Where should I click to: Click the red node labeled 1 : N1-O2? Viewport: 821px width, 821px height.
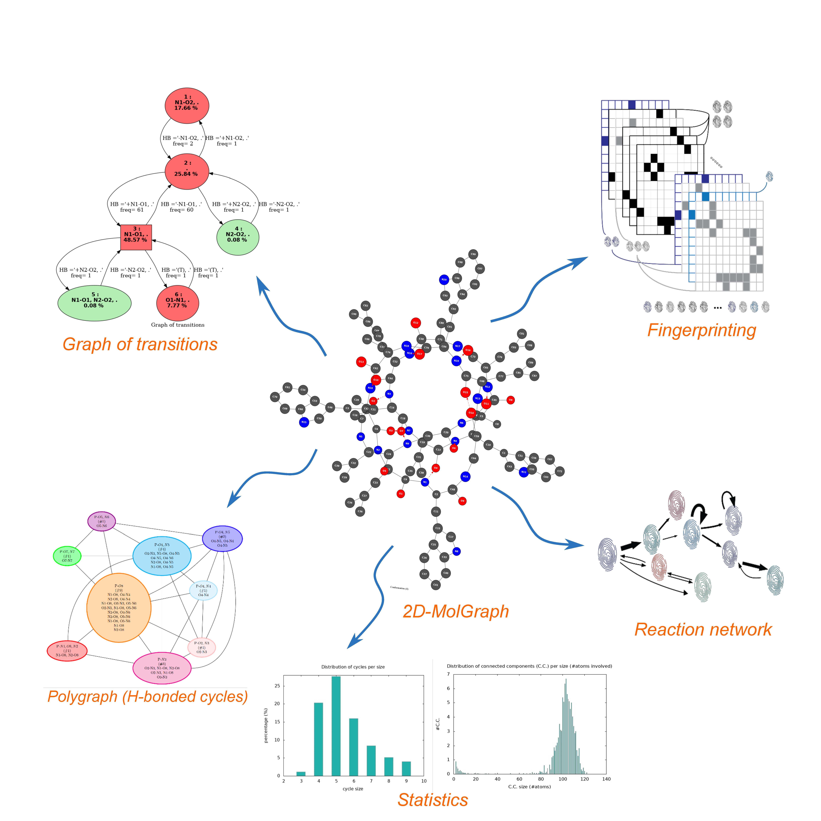[187, 105]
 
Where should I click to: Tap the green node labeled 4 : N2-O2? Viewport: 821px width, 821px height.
[237, 237]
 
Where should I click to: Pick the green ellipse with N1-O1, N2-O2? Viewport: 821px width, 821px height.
[94, 303]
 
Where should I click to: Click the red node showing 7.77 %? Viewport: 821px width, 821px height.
[178, 303]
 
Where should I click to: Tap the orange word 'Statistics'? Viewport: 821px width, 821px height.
[433, 800]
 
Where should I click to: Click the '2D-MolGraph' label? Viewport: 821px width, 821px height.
[456, 611]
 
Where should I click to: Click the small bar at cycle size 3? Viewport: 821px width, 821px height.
[301, 773]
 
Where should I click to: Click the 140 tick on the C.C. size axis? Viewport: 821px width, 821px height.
[606, 779]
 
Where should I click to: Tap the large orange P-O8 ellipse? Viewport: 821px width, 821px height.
[119, 608]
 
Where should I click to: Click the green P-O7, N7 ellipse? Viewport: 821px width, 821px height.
[67, 556]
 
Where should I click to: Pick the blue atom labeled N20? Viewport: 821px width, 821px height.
[444, 280]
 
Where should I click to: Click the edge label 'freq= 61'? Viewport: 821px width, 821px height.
[132, 210]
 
